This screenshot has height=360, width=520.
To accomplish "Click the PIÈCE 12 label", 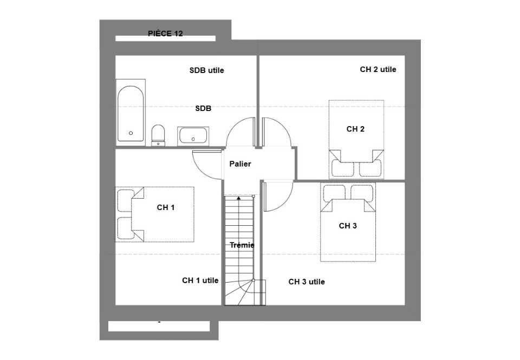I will [x=165, y=34].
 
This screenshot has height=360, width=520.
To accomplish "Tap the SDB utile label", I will [x=206, y=70].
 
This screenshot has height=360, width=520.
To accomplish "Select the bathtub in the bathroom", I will [x=131, y=114].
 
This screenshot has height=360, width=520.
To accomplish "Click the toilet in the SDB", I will [x=158, y=134].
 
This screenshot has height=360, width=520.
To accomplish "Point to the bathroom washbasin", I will [x=193, y=135].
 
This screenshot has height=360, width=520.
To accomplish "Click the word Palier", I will [x=240, y=163].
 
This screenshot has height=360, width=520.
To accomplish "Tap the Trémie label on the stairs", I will [x=242, y=245].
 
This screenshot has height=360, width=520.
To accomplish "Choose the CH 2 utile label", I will [x=378, y=69].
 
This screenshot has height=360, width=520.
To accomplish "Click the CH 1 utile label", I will [x=200, y=280].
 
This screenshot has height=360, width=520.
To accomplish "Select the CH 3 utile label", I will [x=307, y=282].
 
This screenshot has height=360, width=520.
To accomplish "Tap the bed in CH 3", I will [x=348, y=222].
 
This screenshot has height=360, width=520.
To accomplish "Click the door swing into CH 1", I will [x=207, y=164].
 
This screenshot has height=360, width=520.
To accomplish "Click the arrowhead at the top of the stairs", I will [x=239, y=199].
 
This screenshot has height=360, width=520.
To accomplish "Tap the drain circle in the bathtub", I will [x=131, y=133].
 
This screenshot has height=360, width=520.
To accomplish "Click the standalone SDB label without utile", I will [x=203, y=108].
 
